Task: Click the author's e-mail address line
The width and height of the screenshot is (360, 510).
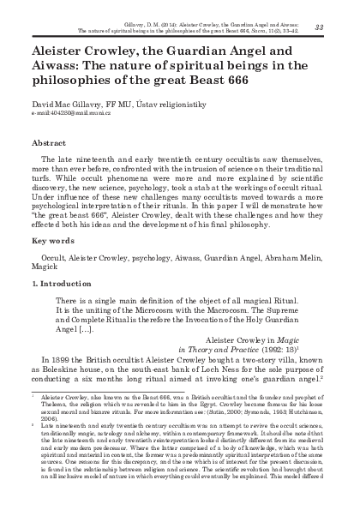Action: tap(73, 112)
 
